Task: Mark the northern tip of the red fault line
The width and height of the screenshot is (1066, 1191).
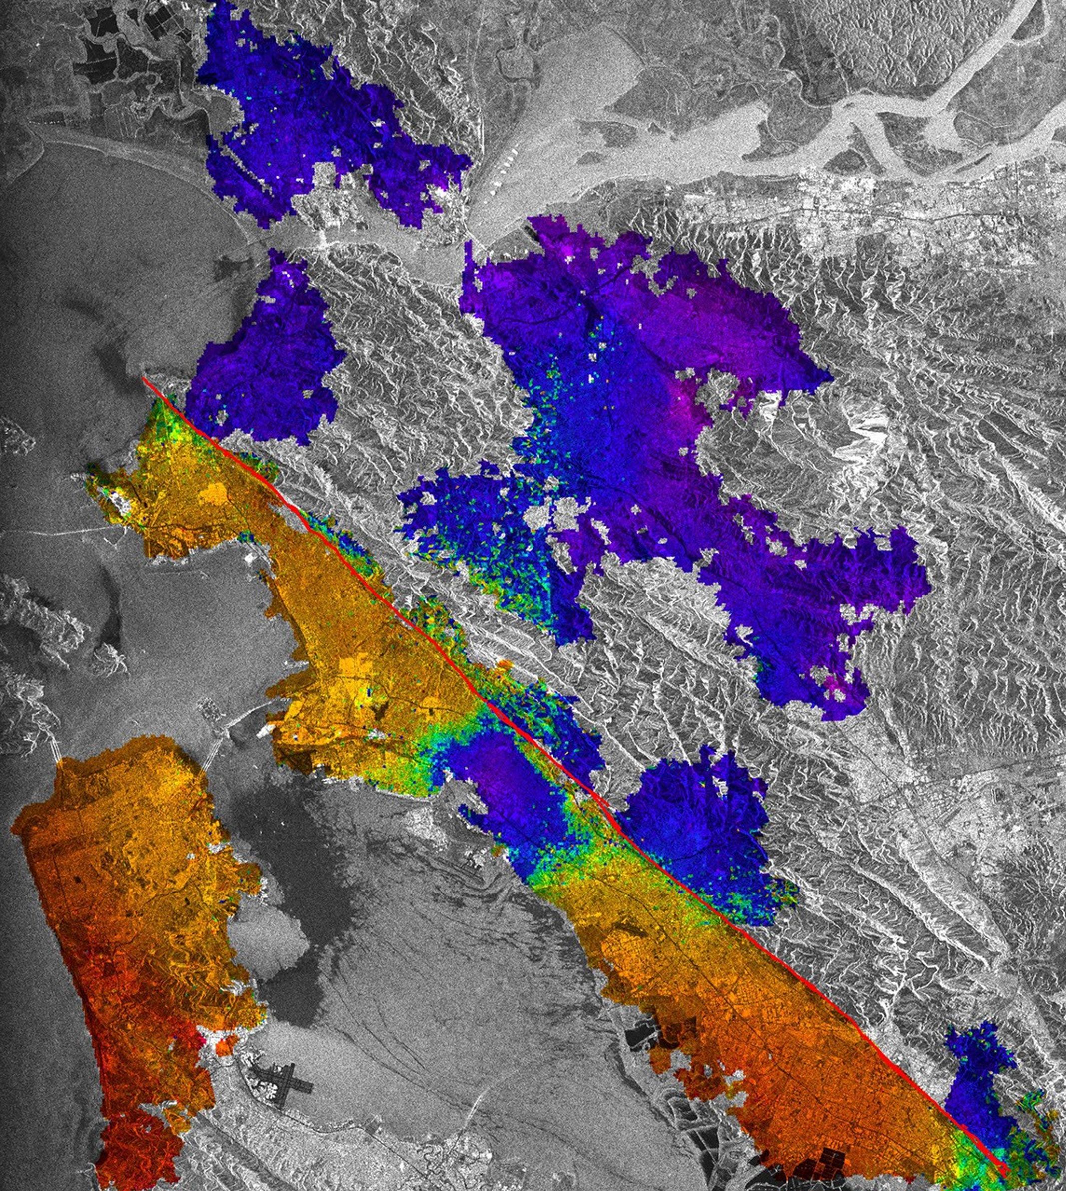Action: [144, 379]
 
